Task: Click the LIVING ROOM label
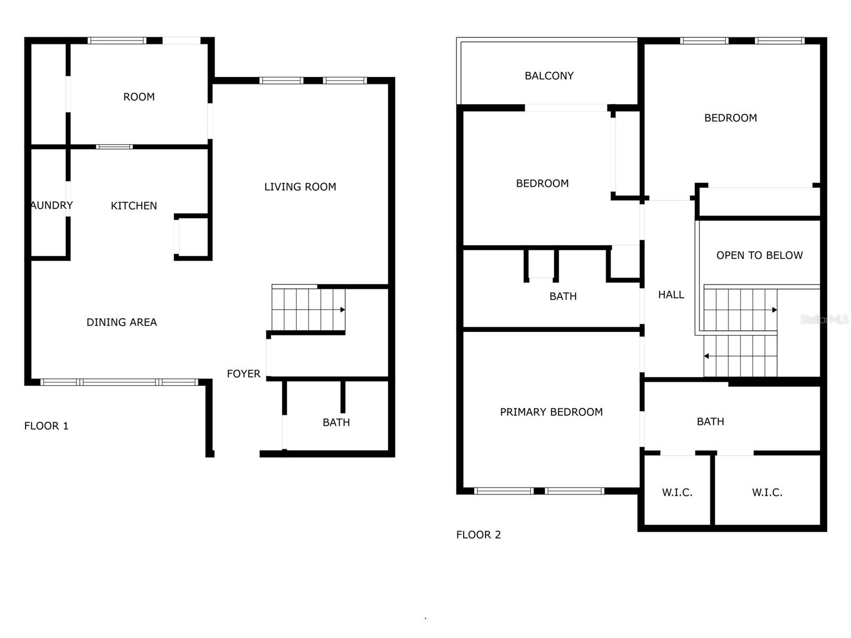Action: pyautogui.click(x=300, y=187)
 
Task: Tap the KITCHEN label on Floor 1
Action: pyautogui.click(x=134, y=206)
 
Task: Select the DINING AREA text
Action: pyautogui.click(x=121, y=322)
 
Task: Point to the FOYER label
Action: pyautogui.click(x=244, y=374)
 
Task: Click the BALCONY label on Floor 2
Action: pyautogui.click(x=549, y=76)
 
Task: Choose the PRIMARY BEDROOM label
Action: pyautogui.click(x=551, y=412)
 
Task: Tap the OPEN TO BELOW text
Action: pyautogui.click(x=759, y=255)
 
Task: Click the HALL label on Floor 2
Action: pyautogui.click(x=671, y=295)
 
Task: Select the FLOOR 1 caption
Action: pyautogui.click(x=46, y=426)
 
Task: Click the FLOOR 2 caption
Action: pyautogui.click(x=478, y=535)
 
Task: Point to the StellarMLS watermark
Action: pyautogui.click(x=824, y=319)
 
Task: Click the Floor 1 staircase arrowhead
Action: pyautogui.click(x=343, y=309)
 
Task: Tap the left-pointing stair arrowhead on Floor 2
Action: pyautogui.click(x=706, y=356)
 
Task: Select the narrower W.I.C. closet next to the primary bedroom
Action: pyautogui.click(x=677, y=492)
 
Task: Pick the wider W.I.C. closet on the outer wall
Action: pyautogui.click(x=767, y=492)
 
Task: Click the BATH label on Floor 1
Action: pyautogui.click(x=336, y=423)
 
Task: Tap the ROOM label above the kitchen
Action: pyautogui.click(x=139, y=97)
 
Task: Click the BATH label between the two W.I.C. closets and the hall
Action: pyautogui.click(x=710, y=422)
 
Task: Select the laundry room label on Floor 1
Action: pyautogui.click(x=51, y=205)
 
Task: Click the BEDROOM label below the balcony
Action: pyautogui.click(x=542, y=183)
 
